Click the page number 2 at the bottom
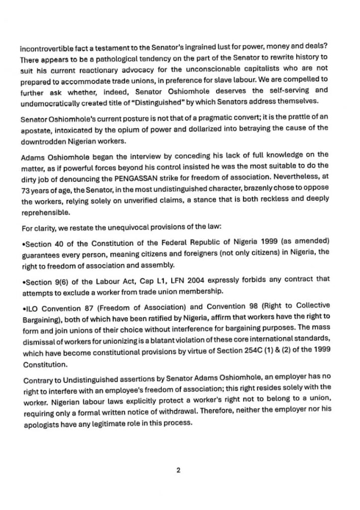click(178, 469)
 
